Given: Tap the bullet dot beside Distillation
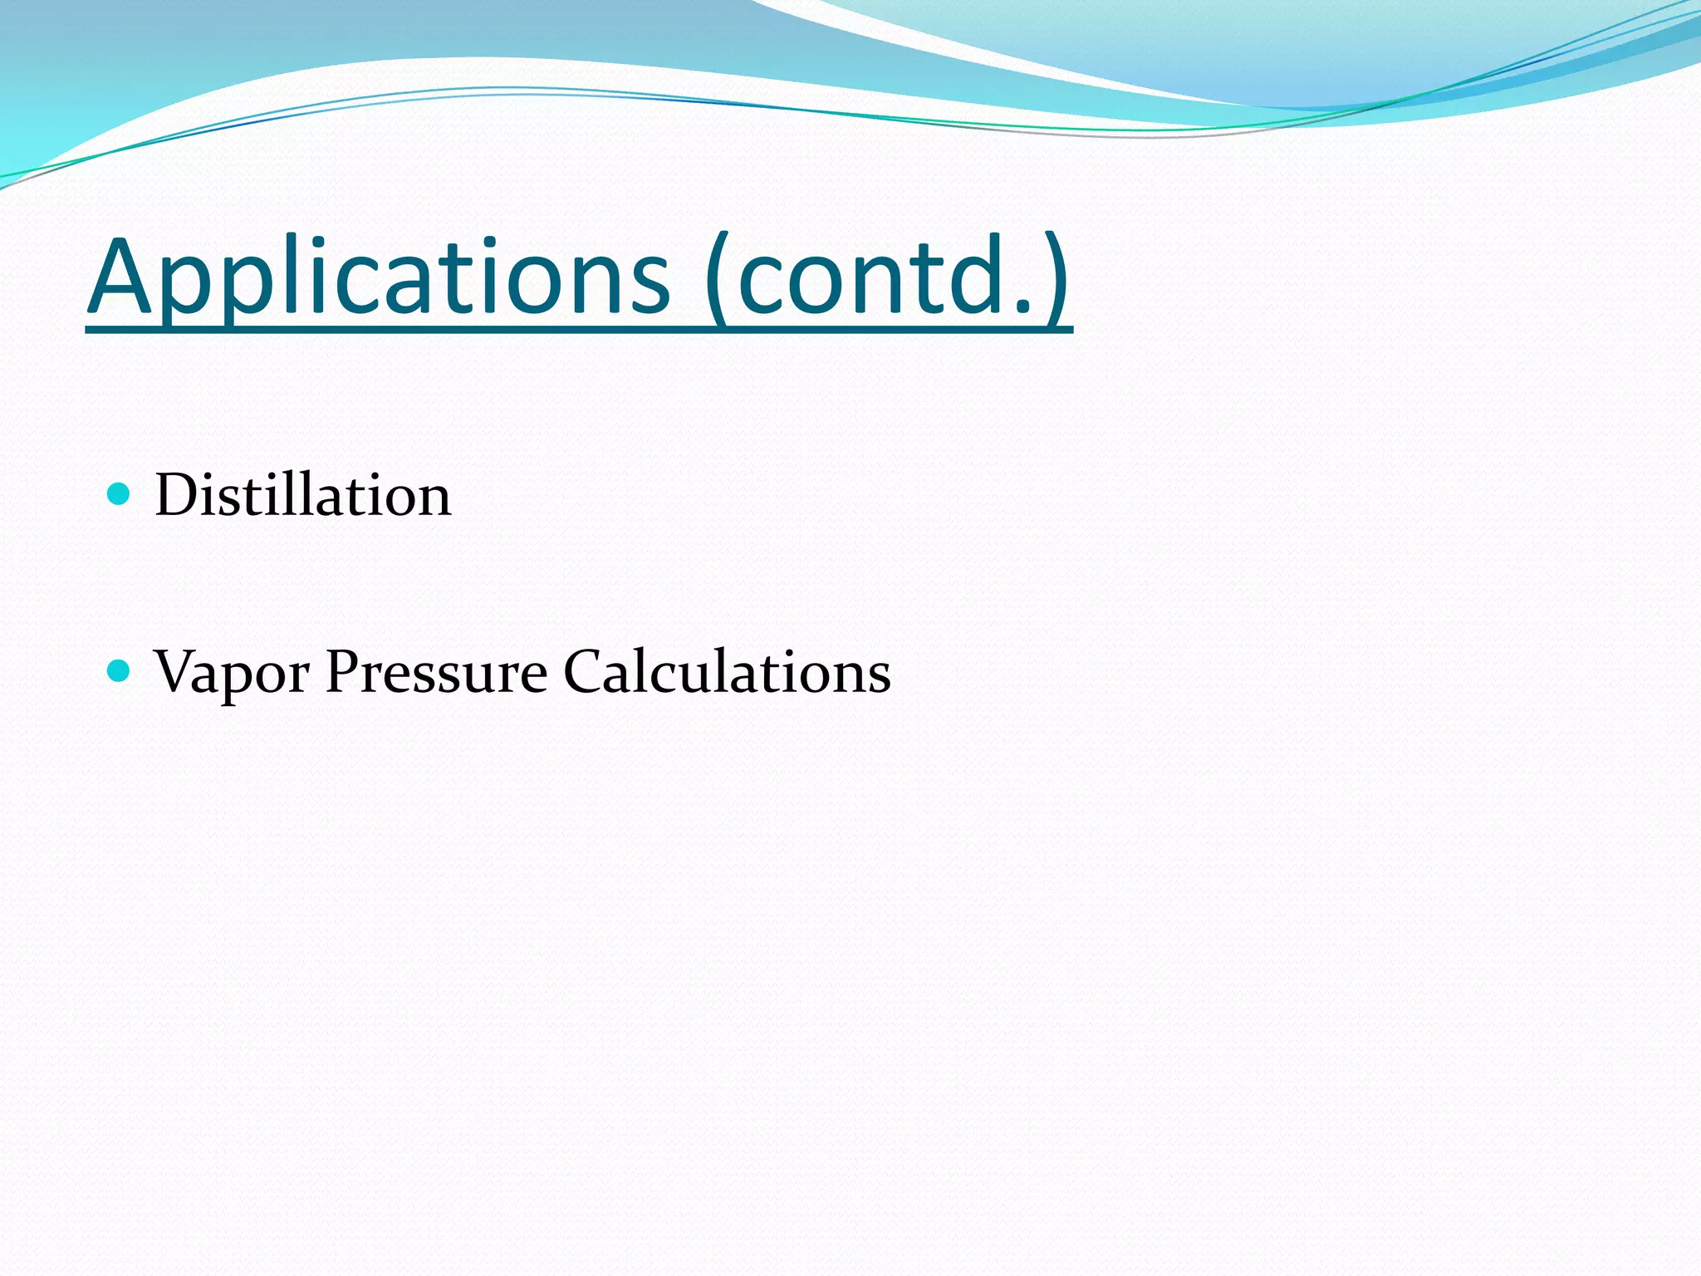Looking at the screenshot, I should pyautogui.click(x=120, y=495).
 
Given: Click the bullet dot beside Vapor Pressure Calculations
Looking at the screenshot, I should pyautogui.click(x=120, y=670).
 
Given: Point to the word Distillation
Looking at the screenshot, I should pyautogui.click(x=303, y=495).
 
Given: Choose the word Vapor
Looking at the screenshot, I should pyautogui.click(x=232, y=671).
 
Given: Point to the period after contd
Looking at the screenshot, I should pyautogui.click(x=1023, y=308).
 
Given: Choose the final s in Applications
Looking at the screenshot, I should pyautogui.click(x=648, y=287).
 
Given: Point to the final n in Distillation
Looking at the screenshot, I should pyautogui.click(x=432, y=502).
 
